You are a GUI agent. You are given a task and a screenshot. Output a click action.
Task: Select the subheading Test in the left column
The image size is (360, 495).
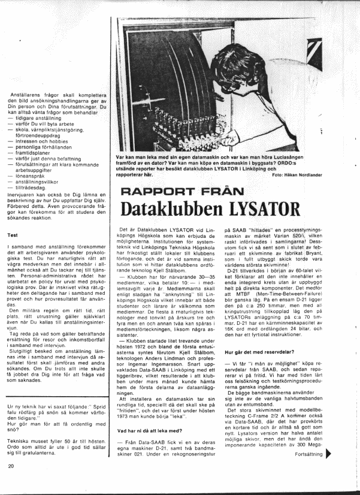11,236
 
